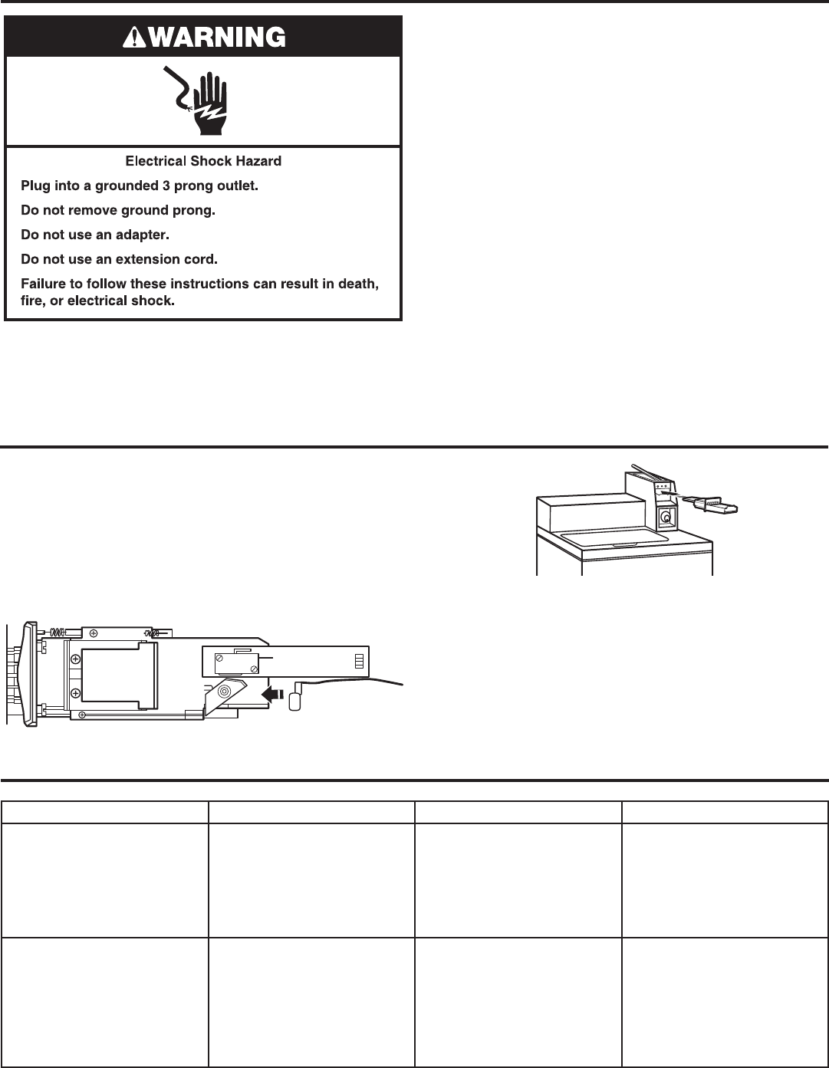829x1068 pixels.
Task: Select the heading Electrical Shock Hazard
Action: [203, 162]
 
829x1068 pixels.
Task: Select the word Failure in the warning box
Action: [42, 284]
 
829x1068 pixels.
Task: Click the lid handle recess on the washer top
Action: [617, 545]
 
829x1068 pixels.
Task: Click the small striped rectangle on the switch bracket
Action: [359, 660]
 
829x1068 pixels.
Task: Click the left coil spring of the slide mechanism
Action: [58, 631]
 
